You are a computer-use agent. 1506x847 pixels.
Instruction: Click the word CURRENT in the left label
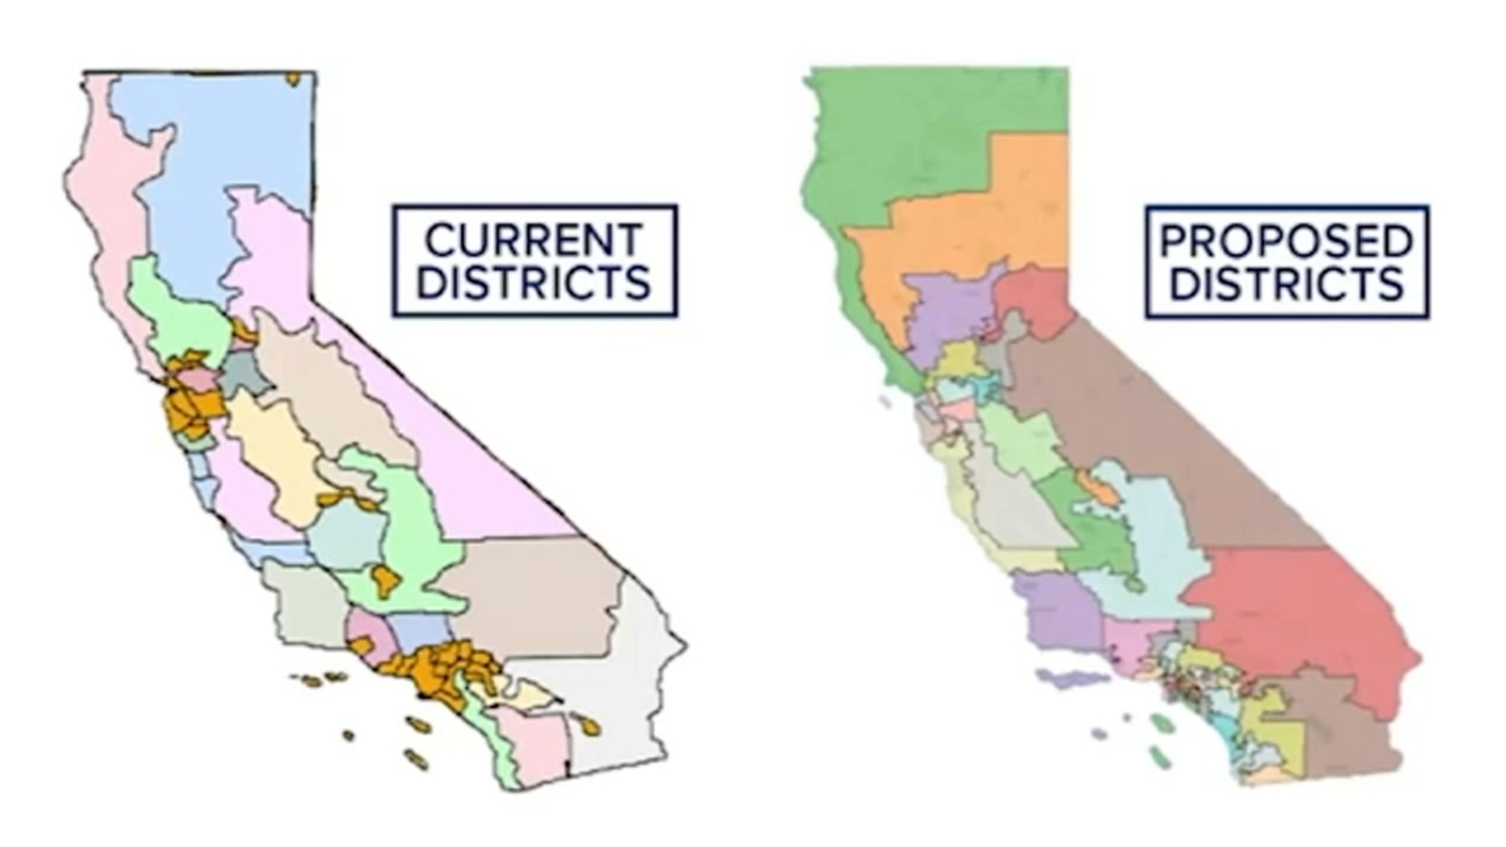tap(533, 240)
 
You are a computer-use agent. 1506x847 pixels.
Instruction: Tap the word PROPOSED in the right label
tap(1286, 241)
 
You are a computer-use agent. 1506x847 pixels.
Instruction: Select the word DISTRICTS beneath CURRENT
tap(533, 282)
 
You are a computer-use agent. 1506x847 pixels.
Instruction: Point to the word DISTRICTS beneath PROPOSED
tap(1286, 283)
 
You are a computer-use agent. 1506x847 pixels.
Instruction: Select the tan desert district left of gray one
tap(537, 593)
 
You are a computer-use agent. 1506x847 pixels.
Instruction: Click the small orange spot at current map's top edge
tap(293, 79)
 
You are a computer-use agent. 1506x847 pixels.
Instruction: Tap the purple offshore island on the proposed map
tap(1073, 678)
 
